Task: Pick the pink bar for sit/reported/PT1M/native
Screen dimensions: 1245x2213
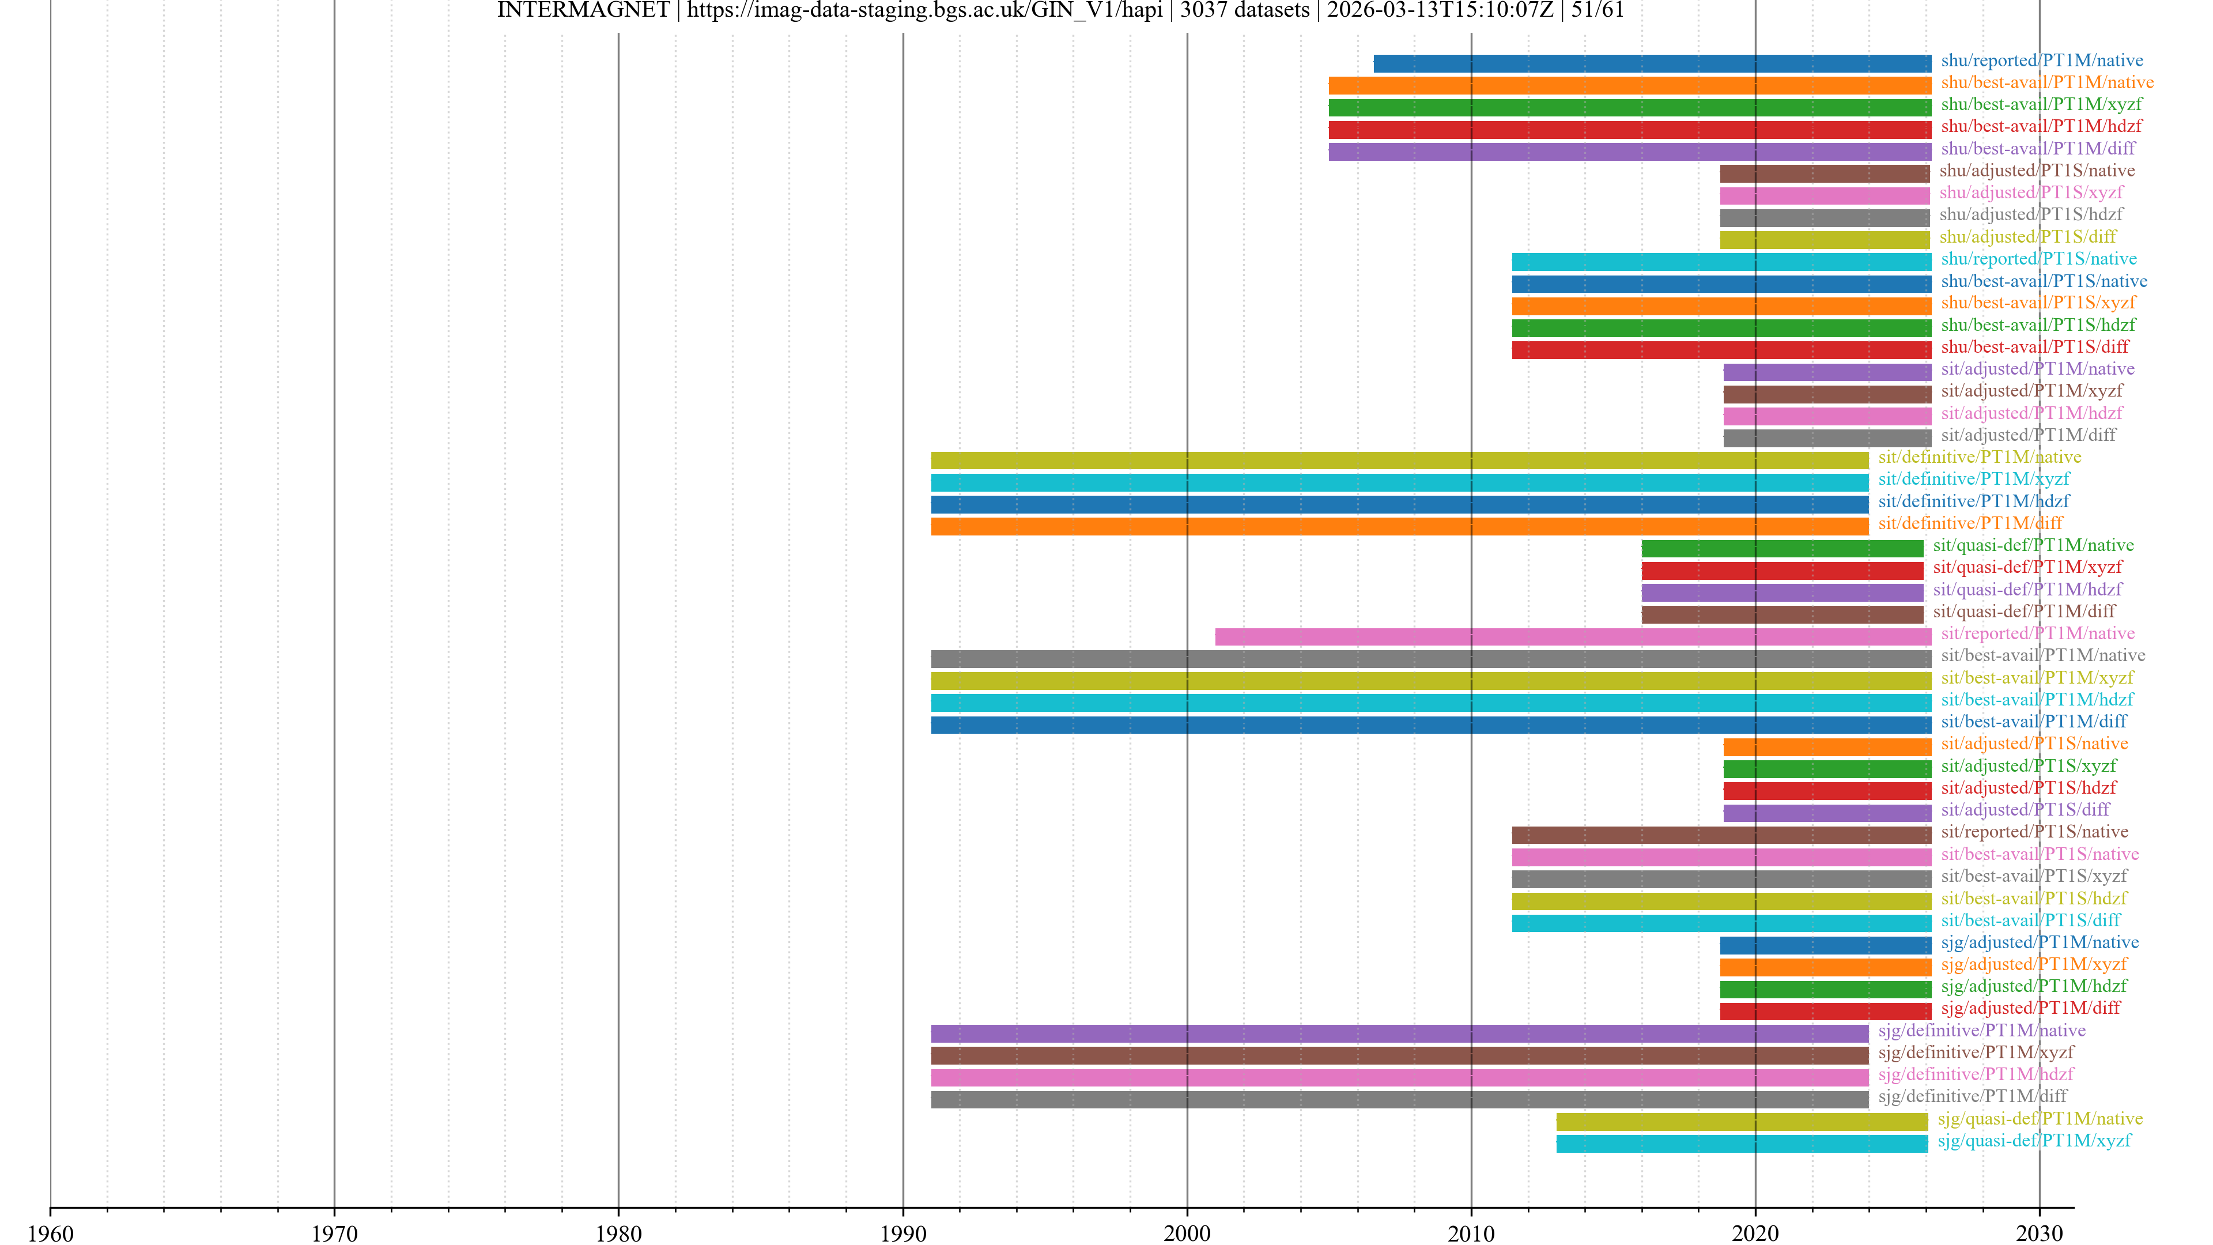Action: click(1572, 637)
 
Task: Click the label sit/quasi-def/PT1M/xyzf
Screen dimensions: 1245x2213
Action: click(2027, 567)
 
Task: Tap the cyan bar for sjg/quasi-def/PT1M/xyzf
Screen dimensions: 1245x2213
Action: click(1742, 1143)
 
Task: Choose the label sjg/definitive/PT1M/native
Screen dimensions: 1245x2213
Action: click(1981, 1030)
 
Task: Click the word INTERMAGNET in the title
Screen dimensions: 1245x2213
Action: click(583, 10)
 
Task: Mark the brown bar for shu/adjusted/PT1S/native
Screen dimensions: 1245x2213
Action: click(1824, 173)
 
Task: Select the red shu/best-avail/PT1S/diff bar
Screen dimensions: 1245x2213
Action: click(1721, 350)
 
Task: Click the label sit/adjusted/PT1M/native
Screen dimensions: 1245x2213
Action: click(2037, 369)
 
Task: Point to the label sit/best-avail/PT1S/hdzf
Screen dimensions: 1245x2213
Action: click(2033, 898)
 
